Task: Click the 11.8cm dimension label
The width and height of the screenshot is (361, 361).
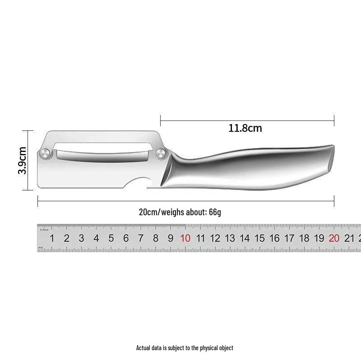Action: click(245, 128)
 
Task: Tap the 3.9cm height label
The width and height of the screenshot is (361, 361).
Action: click(23, 161)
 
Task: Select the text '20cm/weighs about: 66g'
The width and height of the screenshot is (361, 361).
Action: click(180, 212)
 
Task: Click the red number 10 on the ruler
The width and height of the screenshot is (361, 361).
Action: click(185, 238)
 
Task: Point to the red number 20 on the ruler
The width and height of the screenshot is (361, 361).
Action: click(334, 238)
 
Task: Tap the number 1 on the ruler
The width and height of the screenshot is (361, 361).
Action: click(52, 238)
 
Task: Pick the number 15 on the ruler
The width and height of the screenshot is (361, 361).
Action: click(260, 238)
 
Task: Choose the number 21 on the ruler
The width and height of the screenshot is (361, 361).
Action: click(349, 238)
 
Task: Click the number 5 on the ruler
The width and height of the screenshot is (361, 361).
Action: click(111, 238)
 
